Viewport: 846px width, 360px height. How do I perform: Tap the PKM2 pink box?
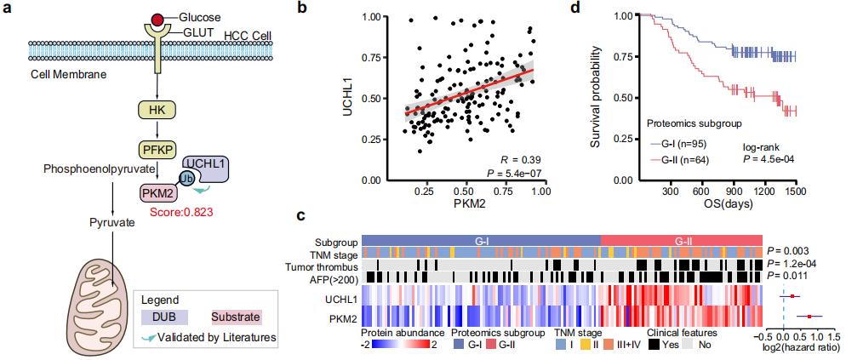[x=159, y=193]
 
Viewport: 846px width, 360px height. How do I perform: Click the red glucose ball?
[x=157, y=19]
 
